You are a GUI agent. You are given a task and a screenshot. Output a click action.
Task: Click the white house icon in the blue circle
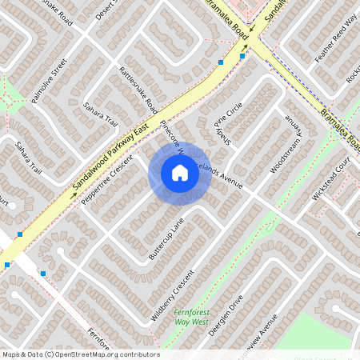coord(180,172)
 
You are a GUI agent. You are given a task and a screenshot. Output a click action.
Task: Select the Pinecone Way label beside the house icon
coord(170,136)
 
